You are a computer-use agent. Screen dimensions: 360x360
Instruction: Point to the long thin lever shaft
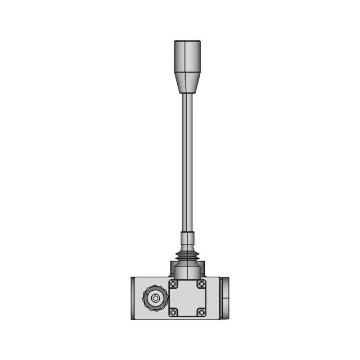(x=187, y=163)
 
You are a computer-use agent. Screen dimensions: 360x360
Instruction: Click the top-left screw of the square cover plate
(x=174, y=284)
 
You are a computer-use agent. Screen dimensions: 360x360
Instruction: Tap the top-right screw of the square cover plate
(x=201, y=284)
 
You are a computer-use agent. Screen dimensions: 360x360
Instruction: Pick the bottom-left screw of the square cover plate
(x=174, y=312)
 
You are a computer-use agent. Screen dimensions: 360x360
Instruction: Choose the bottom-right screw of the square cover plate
(x=201, y=312)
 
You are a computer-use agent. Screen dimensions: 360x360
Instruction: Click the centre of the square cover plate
(x=187, y=298)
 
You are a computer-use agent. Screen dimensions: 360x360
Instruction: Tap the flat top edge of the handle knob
(x=187, y=41)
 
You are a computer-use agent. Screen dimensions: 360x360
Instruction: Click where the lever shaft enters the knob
(x=187, y=93)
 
